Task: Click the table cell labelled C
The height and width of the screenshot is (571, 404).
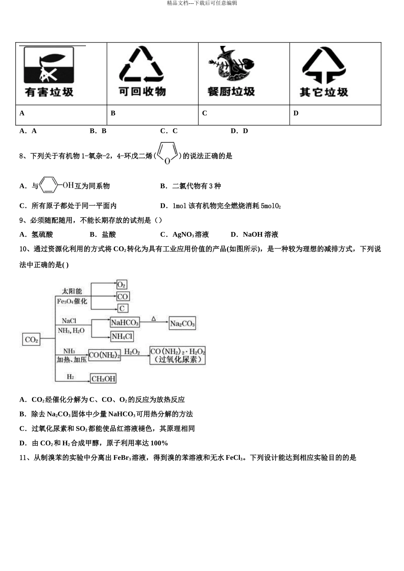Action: click(244, 115)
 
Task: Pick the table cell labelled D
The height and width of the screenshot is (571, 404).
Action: click(335, 115)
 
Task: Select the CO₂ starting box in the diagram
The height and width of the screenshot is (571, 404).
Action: click(31, 339)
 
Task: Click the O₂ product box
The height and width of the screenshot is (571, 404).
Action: click(122, 284)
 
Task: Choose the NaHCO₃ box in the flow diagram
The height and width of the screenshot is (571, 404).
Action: click(125, 322)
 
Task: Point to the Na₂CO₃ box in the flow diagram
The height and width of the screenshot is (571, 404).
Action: click(182, 323)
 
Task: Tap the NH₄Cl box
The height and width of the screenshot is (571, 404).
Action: click(122, 336)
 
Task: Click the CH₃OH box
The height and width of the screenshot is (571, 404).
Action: click(103, 379)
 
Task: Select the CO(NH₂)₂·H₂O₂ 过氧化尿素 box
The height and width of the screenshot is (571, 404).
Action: click(177, 355)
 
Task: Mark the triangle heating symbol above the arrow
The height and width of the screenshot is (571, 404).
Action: click(154, 318)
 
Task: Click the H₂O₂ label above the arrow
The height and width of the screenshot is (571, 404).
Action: click(132, 351)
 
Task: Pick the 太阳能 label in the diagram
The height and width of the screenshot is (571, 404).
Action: click(71, 291)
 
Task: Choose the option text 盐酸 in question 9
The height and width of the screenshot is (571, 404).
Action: click(109, 235)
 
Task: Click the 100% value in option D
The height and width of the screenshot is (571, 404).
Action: click(159, 443)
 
